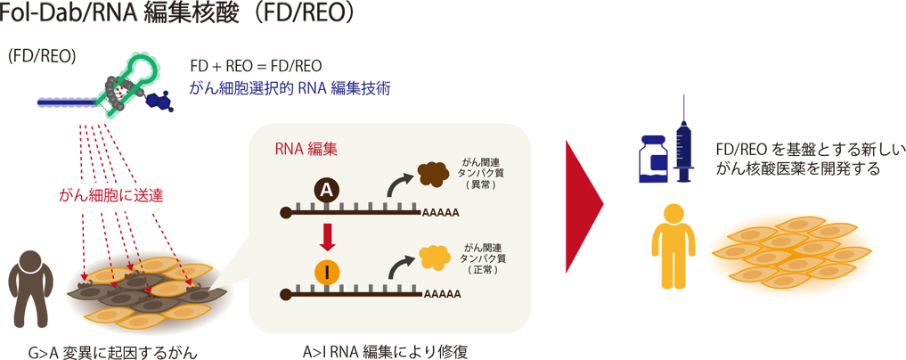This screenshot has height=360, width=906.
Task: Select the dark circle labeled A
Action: (x=327, y=189)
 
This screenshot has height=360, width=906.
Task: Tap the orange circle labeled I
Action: (x=327, y=272)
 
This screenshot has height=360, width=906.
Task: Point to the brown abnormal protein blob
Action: (x=434, y=174)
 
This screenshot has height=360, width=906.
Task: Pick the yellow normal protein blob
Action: (x=434, y=257)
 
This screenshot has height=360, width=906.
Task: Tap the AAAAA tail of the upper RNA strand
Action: (x=442, y=214)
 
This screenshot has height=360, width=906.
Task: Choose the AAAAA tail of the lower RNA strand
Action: (x=442, y=294)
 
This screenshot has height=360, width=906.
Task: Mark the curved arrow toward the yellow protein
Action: (x=396, y=264)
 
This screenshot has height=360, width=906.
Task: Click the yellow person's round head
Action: (x=674, y=217)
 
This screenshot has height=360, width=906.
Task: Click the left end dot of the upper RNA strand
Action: (x=285, y=213)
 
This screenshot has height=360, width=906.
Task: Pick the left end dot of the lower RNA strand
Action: (x=285, y=293)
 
